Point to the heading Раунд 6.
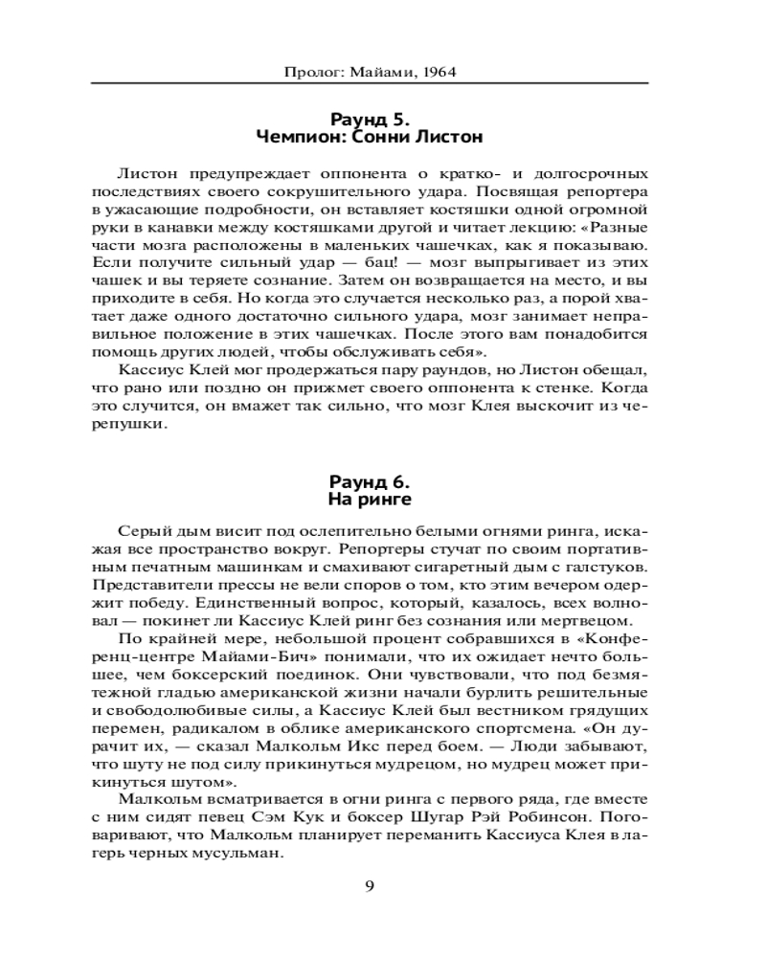pos(370,480)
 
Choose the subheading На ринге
pos(370,498)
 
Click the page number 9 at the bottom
pos(370,884)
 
